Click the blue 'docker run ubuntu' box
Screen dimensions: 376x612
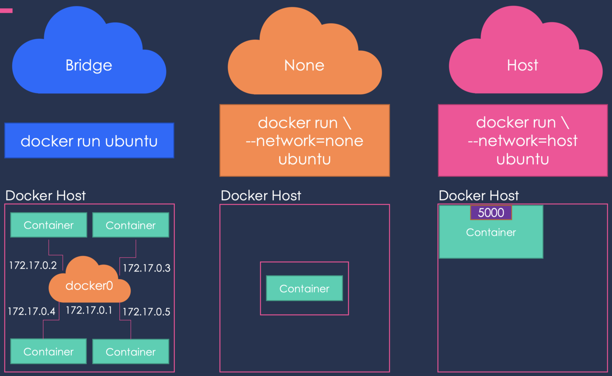click(x=89, y=141)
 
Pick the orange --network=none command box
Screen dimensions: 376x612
click(x=304, y=140)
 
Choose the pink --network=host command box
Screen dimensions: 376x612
click(x=522, y=140)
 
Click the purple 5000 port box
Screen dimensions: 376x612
click(x=491, y=213)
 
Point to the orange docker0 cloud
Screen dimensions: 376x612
click(x=90, y=284)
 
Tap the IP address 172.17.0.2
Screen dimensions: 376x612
click(x=33, y=265)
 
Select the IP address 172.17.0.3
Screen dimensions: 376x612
click(x=146, y=268)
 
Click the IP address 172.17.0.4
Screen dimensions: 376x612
click(x=31, y=311)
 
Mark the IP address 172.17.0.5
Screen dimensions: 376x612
click(x=146, y=312)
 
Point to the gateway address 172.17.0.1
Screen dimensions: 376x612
click(x=89, y=310)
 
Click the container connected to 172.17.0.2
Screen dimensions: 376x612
click(x=49, y=225)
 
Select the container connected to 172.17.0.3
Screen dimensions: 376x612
click(x=131, y=225)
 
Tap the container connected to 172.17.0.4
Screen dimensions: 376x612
click(x=49, y=352)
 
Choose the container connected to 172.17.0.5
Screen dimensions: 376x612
click(x=131, y=352)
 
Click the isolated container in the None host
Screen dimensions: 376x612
click(x=304, y=288)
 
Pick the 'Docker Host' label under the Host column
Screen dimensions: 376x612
click(x=479, y=195)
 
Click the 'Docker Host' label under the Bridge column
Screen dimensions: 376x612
click(x=45, y=195)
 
